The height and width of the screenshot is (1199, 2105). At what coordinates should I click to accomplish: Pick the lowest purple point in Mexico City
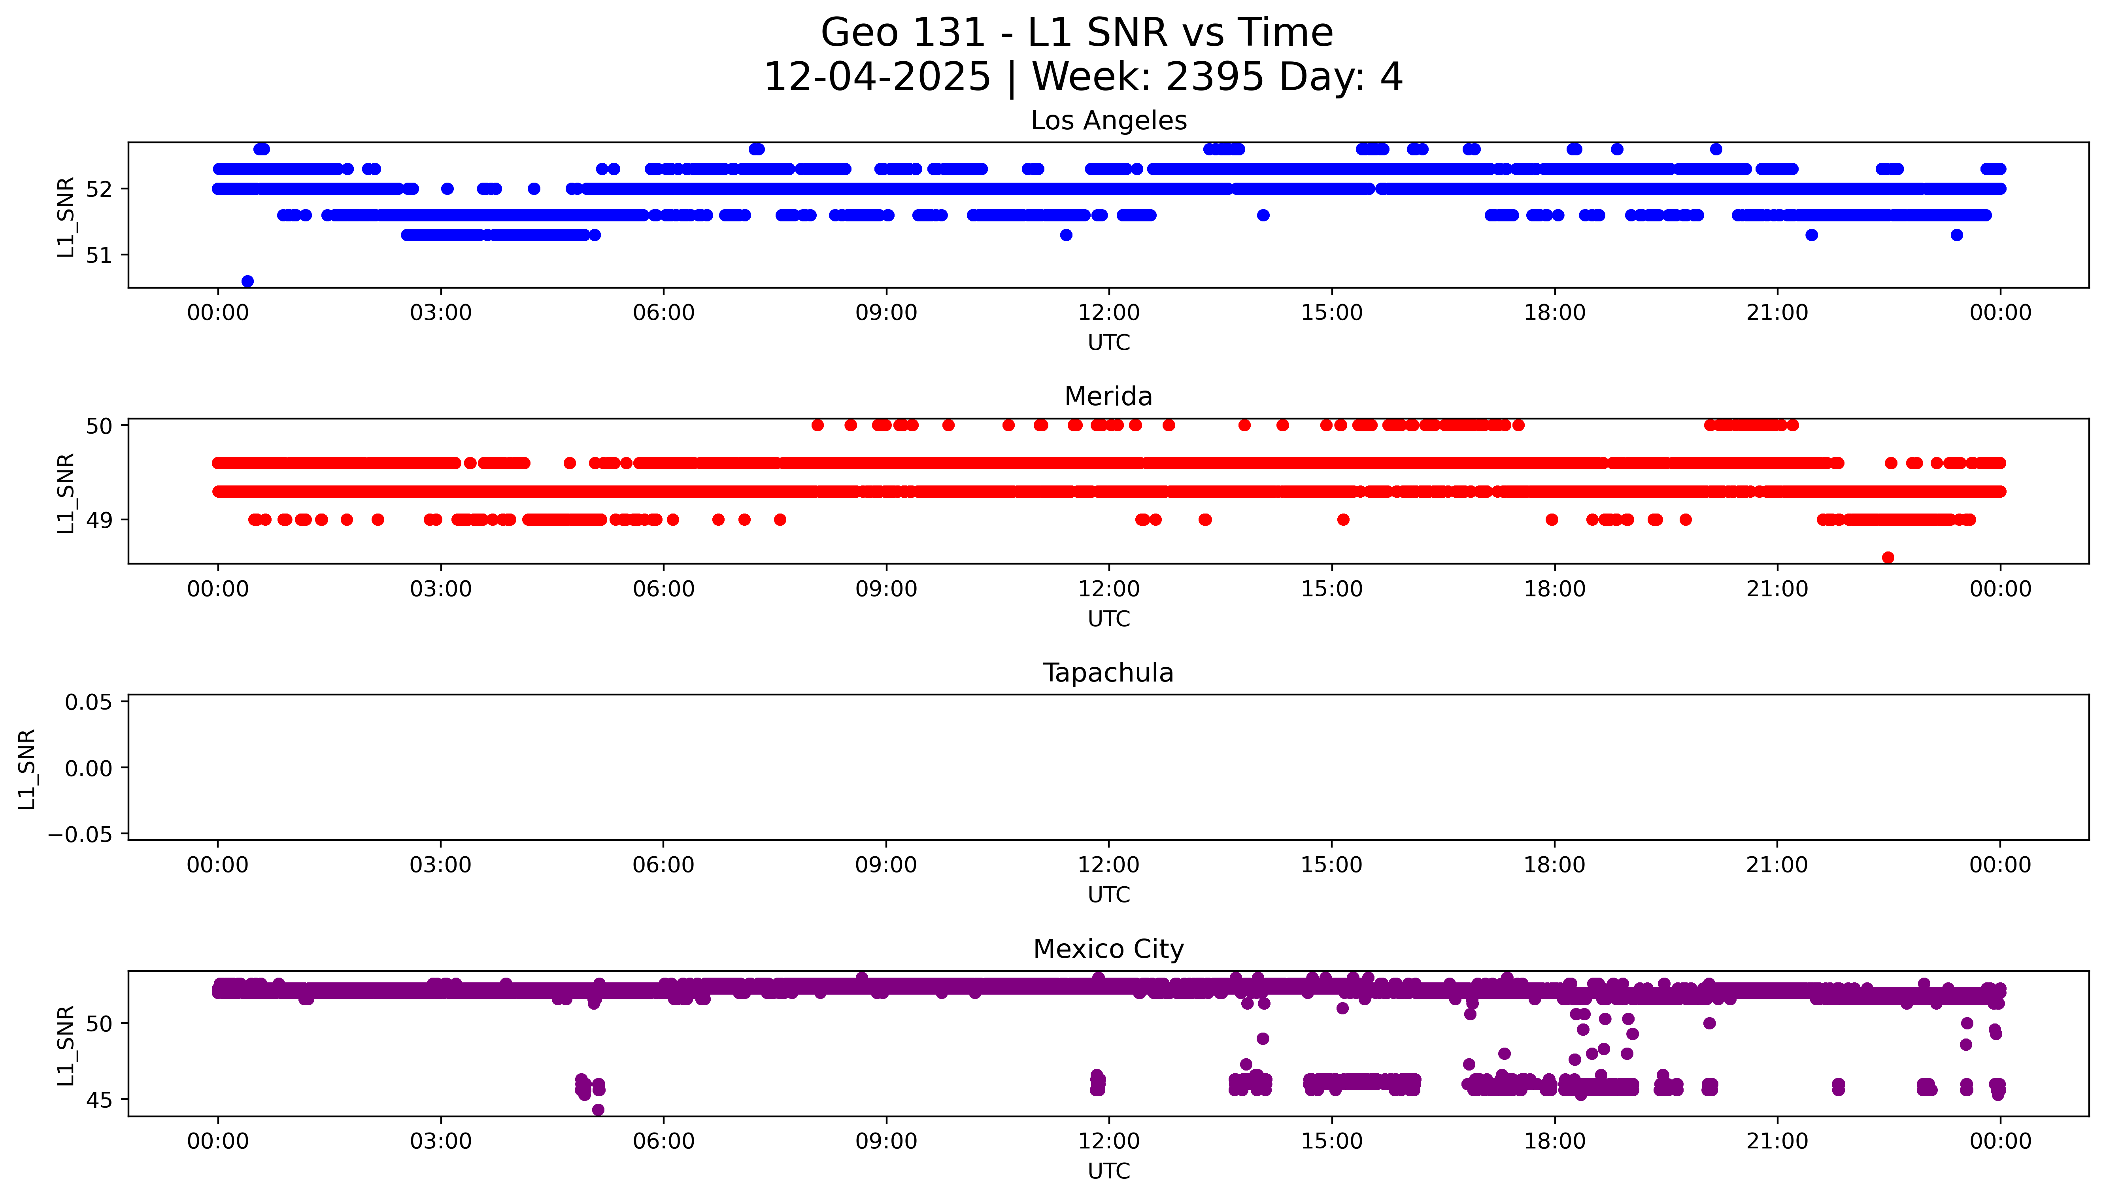pos(598,1110)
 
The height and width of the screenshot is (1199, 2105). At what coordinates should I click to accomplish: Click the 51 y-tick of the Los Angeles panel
pos(99,255)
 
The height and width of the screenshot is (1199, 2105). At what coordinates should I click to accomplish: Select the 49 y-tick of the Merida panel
pos(99,519)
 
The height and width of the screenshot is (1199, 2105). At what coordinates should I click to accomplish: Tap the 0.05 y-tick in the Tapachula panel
pos(89,702)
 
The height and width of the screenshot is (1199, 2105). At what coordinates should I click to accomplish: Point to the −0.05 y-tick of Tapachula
pos(80,834)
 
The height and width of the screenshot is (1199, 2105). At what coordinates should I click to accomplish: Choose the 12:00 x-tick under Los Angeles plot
pos(1109,313)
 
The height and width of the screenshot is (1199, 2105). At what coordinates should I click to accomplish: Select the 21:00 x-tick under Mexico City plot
pos(1777,1141)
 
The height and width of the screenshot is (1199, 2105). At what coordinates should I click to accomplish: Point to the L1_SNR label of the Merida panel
pos(66,493)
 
